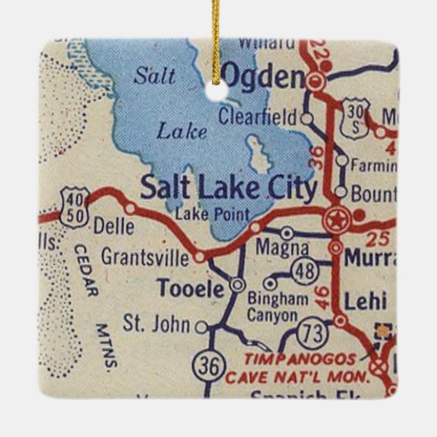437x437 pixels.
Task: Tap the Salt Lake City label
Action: [x=228, y=188]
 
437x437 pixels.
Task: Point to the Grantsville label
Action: [x=144, y=256]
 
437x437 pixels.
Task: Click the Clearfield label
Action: [x=256, y=119]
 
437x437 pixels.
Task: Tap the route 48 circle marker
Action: [x=305, y=270]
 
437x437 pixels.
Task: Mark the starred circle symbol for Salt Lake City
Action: [x=336, y=220]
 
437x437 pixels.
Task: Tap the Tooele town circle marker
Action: [x=237, y=284]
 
